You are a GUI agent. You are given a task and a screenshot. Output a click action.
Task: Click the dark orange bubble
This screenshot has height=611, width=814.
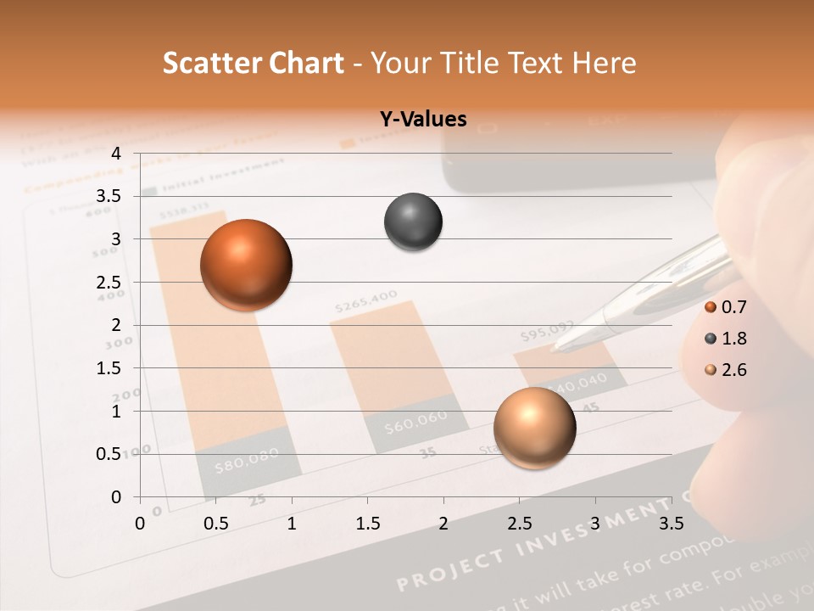(247, 265)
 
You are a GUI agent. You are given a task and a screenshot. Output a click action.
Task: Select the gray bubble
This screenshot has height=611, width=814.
(413, 222)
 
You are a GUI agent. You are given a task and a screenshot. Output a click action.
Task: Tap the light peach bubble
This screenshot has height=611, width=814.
(534, 428)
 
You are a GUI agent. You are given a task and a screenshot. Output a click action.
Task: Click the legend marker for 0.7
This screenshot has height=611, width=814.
(711, 307)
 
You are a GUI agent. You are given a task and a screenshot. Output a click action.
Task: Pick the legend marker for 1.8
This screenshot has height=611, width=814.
(711, 339)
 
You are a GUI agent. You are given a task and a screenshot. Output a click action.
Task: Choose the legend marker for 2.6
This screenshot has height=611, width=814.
(711, 370)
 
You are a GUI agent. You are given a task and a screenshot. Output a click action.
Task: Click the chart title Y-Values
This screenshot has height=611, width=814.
(423, 120)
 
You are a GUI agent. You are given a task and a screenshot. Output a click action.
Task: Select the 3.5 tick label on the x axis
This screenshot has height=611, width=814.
(671, 524)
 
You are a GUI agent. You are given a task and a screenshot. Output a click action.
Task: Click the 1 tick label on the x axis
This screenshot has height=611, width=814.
(293, 524)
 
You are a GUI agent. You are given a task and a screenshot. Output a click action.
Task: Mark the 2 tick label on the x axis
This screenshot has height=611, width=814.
(443, 524)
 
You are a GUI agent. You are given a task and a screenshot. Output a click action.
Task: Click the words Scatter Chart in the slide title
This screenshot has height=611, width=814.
(254, 63)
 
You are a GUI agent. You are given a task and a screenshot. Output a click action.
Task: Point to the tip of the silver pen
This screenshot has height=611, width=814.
(554, 347)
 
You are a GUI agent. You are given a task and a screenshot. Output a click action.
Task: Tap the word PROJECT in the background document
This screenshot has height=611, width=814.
(449, 570)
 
